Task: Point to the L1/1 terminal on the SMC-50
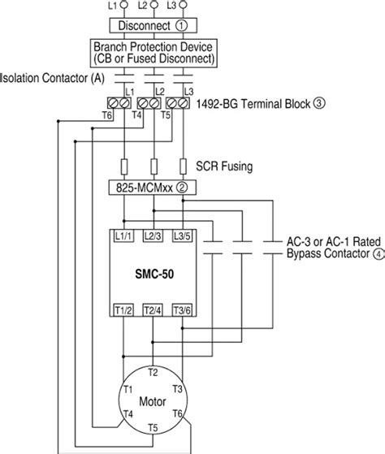click(x=124, y=236)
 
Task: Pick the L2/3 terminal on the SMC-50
click(x=154, y=236)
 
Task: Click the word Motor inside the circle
click(x=154, y=401)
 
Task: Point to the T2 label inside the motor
click(x=154, y=372)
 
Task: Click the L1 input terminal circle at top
click(x=124, y=5)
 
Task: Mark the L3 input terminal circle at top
click(x=184, y=5)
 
